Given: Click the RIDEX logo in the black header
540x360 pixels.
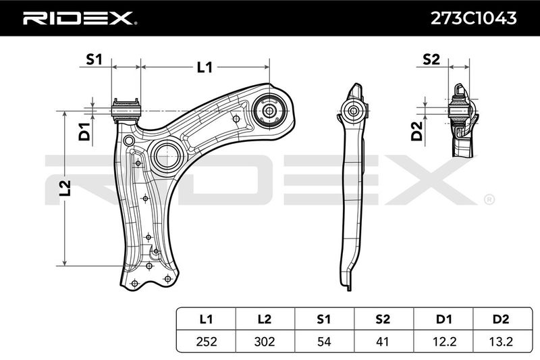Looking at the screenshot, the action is (80, 18).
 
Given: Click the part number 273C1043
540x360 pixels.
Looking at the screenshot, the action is (474, 18).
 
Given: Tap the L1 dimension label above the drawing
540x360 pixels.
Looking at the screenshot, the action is (205, 67).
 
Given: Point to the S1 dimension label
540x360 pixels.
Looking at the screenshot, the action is (94, 59).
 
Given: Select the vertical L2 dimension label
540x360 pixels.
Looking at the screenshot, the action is (65, 188).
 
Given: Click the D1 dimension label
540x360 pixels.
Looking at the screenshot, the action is (84, 132).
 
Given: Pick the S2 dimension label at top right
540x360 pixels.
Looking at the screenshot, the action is (431, 59).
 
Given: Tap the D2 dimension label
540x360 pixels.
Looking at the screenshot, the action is (417, 131).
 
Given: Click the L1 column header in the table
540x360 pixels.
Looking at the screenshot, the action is (206, 319).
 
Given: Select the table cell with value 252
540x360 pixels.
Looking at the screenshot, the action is (207, 341).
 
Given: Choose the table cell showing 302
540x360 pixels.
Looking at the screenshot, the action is (265, 341).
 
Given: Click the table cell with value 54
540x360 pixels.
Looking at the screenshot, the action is (324, 341).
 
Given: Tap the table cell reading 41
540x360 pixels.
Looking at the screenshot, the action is (383, 341).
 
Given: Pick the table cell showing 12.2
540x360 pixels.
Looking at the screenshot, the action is (443, 341).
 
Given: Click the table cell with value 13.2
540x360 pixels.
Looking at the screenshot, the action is (501, 341).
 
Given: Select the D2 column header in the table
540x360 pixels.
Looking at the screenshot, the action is (501, 319).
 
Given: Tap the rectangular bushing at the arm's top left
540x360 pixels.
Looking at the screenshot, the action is (126, 110).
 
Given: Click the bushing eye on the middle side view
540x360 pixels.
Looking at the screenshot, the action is (353, 111).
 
